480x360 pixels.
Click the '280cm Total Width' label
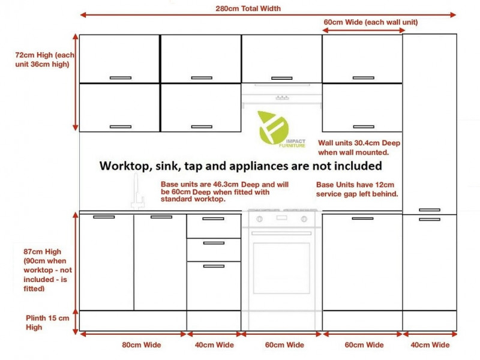click(x=248, y=8)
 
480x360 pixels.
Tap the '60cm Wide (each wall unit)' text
click(x=371, y=22)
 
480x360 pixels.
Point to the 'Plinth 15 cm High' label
click(x=47, y=322)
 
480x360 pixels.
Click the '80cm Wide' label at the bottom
click(x=142, y=344)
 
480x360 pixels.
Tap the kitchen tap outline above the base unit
click(x=137, y=191)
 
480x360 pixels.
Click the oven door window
click(x=281, y=268)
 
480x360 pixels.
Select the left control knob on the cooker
click(x=259, y=219)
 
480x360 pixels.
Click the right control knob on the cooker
click(x=304, y=219)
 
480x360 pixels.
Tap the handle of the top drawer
click(x=214, y=218)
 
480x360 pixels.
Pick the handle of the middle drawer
click(x=214, y=243)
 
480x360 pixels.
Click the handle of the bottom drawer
click(x=214, y=266)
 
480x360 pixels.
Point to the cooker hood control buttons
click(x=282, y=98)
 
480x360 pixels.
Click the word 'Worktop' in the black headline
click(x=125, y=166)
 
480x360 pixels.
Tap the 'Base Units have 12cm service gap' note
click(x=357, y=189)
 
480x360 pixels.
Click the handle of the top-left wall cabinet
click(x=121, y=78)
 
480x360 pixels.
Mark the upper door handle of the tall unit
click(x=430, y=210)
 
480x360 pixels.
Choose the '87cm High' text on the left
click(x=42, y=251)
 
